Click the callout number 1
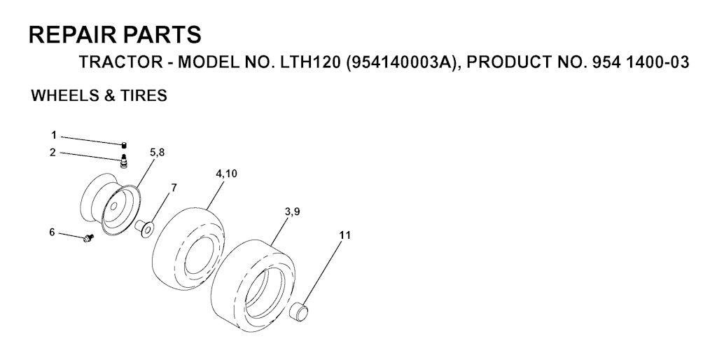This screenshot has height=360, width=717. [54, 135]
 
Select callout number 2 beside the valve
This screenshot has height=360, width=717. [53, 153]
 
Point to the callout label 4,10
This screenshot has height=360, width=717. [226, 174]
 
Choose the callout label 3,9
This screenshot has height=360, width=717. [292, 212]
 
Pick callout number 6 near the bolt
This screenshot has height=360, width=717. [52, 233]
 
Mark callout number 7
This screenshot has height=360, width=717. [174, 188]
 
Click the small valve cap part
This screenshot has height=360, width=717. [123, 146]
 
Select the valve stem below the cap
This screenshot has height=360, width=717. [123, 162]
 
